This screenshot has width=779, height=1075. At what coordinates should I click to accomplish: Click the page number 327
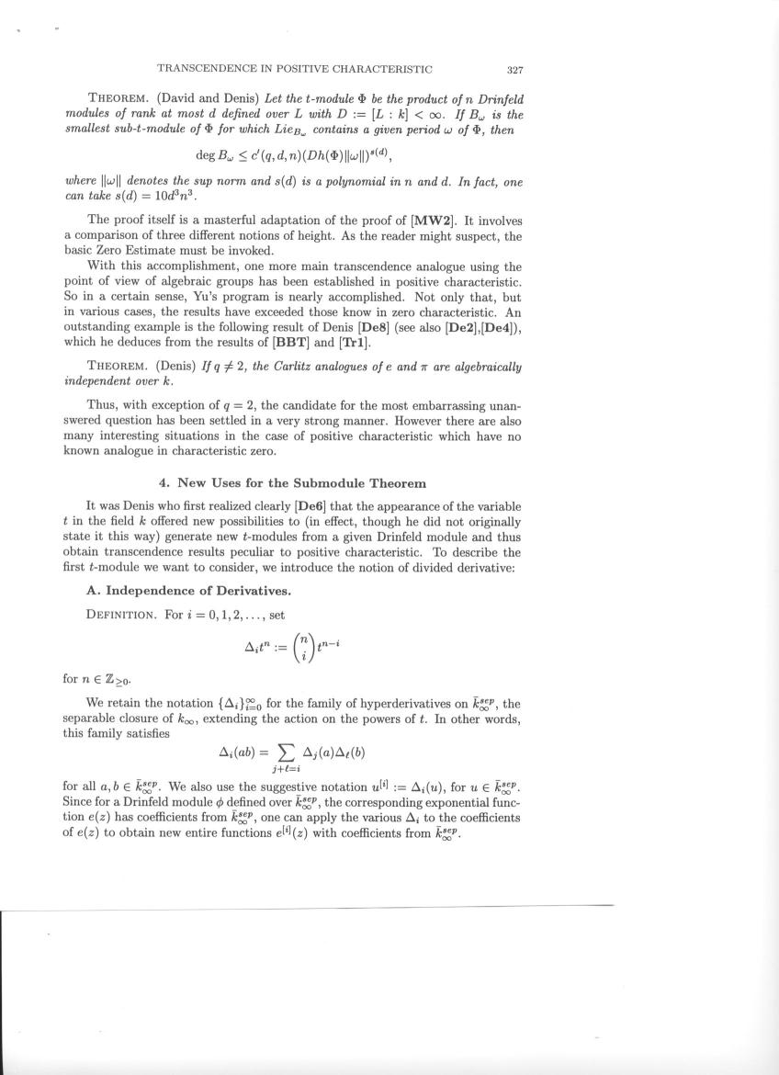514,69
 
